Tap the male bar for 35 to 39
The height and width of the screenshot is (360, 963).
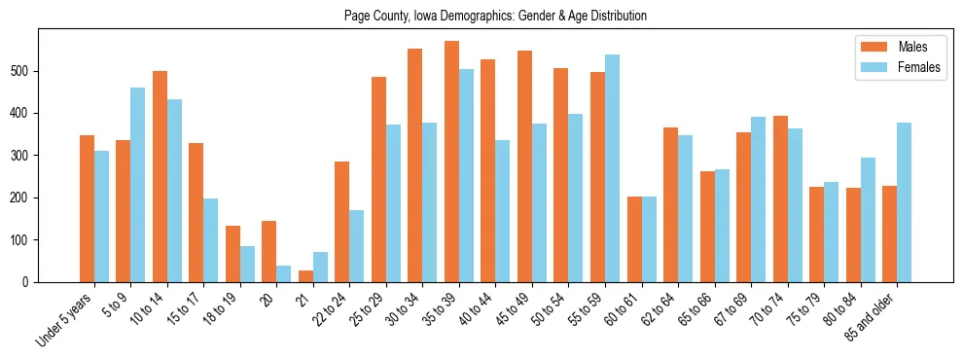(x=451, y=162)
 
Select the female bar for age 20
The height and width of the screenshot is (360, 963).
(x=284, y=273)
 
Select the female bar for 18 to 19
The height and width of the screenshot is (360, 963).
(x=247, y=264)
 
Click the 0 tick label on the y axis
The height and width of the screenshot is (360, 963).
(x=30, y=282)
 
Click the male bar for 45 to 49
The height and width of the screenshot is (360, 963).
(x=524, y=166)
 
